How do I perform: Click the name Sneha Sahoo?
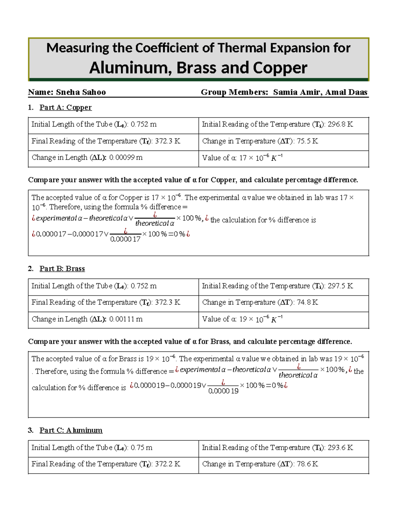(81, 92)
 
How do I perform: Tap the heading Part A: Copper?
(66, 108)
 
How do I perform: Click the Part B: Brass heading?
(62, 269)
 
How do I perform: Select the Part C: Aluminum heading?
(71, 430)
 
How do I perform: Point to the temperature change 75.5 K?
(307, 141)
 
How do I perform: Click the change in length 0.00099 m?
(126, 158)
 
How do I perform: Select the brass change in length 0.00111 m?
(126, 319)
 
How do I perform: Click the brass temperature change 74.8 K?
(307, 303)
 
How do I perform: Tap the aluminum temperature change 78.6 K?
(307, 464)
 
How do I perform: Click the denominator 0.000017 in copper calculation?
(125, 239)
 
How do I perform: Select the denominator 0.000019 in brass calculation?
(223, 391)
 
